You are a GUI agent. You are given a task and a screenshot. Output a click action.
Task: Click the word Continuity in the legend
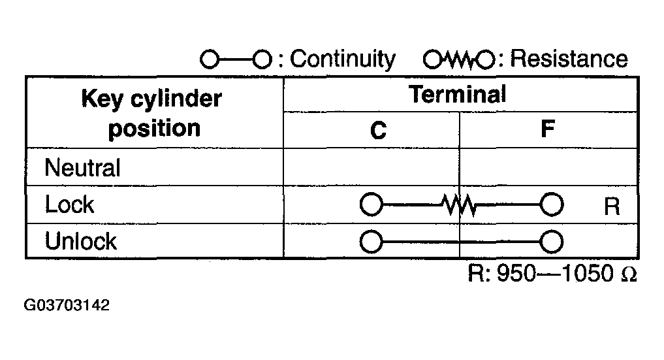(342, 59)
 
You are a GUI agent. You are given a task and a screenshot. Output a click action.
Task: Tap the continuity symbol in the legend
(236, 59)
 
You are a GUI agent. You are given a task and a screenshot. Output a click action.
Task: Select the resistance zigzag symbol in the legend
(458, 59)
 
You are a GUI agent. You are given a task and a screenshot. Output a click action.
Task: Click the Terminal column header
(457, 94)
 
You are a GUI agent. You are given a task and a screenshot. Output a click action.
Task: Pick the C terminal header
(378, 130)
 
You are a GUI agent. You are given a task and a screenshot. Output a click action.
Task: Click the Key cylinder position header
(152, 113)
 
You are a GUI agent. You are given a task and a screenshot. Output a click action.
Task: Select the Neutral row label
(82, 167)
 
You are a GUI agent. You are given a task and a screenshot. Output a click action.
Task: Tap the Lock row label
(69, 204)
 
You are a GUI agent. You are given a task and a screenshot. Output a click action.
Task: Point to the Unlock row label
(80, 241)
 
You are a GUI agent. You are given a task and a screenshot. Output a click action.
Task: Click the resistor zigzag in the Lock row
(460, 205)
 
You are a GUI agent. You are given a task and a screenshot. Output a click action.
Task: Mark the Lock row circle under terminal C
(372, 205)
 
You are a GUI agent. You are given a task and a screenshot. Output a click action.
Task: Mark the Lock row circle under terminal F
(551, 205)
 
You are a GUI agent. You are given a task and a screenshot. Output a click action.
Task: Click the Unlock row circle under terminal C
(372, 242)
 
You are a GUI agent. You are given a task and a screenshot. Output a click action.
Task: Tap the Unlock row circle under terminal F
(551, 242)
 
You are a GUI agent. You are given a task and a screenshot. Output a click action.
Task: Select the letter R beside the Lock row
(612, 206)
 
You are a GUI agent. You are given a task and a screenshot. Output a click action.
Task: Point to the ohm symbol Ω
(629, 274)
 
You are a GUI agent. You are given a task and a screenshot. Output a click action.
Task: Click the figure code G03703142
(67, 305)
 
